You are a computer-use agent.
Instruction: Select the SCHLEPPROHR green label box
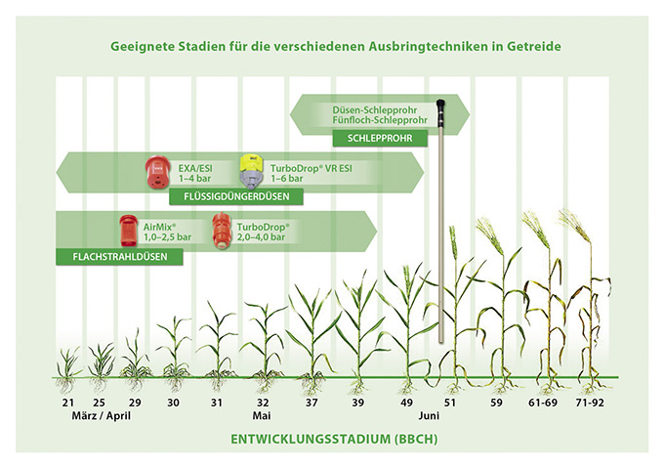coord(380,139)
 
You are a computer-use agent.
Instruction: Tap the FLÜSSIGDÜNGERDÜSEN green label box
coord(236,197)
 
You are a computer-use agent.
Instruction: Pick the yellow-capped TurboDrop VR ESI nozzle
coord(253,173)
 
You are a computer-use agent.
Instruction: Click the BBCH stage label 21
coord(67,402)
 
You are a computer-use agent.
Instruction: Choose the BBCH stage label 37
coord(311,402)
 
